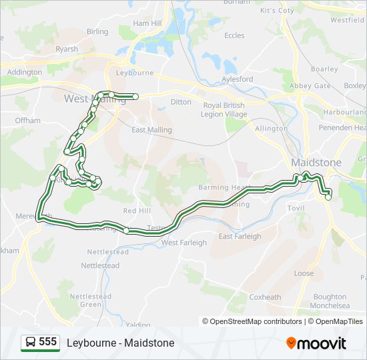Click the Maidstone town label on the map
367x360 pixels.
tap(316, 163)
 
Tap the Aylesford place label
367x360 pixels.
tap(237, 79)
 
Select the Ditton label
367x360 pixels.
tap(181, 102)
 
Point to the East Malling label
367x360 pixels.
tap(151, 130)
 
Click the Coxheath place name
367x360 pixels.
tap(265, 297)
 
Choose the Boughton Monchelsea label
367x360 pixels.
tap(330, 301)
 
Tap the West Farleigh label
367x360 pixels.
tap(184, 243)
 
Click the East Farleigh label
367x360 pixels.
tap(240, 236)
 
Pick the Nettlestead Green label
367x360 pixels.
tap(86, 300)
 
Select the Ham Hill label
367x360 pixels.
tap(147, 23)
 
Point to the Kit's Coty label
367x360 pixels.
tap(277, 11)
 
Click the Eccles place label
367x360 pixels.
tap(234, 35)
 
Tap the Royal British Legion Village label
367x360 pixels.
tap(224, 110)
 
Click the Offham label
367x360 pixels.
tap(28, 121)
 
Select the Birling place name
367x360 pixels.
tap(97, 31)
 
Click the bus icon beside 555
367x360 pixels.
tap(29, 343)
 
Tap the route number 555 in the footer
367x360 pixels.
tap(47, 342)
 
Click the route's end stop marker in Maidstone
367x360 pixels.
tap(328, 197)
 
